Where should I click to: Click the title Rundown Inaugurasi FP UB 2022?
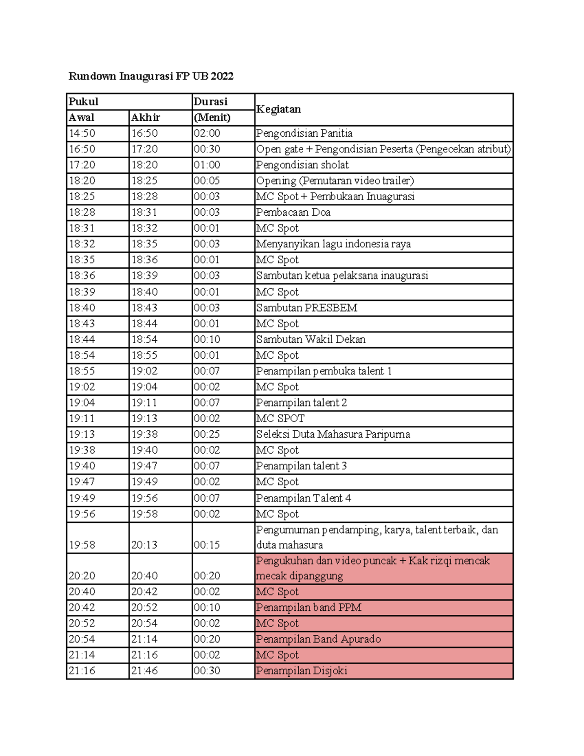point(151,76)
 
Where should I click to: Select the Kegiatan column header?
point(278,109)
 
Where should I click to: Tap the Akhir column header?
point(146,117)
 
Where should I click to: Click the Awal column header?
point(82,117)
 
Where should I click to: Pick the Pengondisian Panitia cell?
point(304,133)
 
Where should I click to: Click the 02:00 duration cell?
point(207,133)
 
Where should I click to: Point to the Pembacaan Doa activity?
point(293,212)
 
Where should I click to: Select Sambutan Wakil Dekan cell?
point(311,339)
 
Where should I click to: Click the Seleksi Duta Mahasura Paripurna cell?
point(333,434)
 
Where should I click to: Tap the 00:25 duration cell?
point(207,434)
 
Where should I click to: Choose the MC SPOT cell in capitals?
point(280,419)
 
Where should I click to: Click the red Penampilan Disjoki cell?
point(302,671)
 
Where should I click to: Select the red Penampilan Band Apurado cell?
point(318,639)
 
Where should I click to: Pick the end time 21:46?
point(145,671)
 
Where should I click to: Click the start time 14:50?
point(82,133)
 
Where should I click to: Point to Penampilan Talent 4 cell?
point(304,498)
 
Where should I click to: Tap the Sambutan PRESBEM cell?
point(307,308)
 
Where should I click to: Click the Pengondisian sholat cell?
point(303,165)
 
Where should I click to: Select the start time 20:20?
point(82,576)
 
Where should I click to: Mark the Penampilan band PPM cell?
point(309,608)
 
